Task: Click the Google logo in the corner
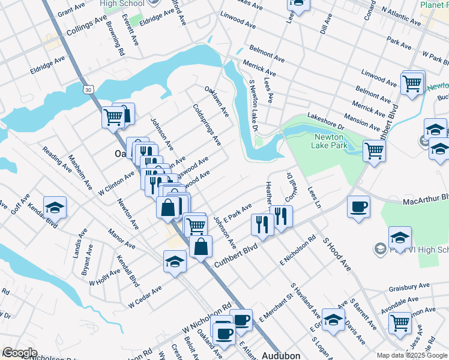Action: [19, 353]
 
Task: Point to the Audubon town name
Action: [281, 355]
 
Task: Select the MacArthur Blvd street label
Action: [426, 198]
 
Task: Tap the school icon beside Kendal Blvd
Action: [55, 208]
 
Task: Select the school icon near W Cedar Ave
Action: [175, 261]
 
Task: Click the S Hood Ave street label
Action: [336, 253]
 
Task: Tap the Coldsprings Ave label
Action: [207, 125]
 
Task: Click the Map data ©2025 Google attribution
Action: [411, 355]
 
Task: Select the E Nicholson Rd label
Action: [298, 251]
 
